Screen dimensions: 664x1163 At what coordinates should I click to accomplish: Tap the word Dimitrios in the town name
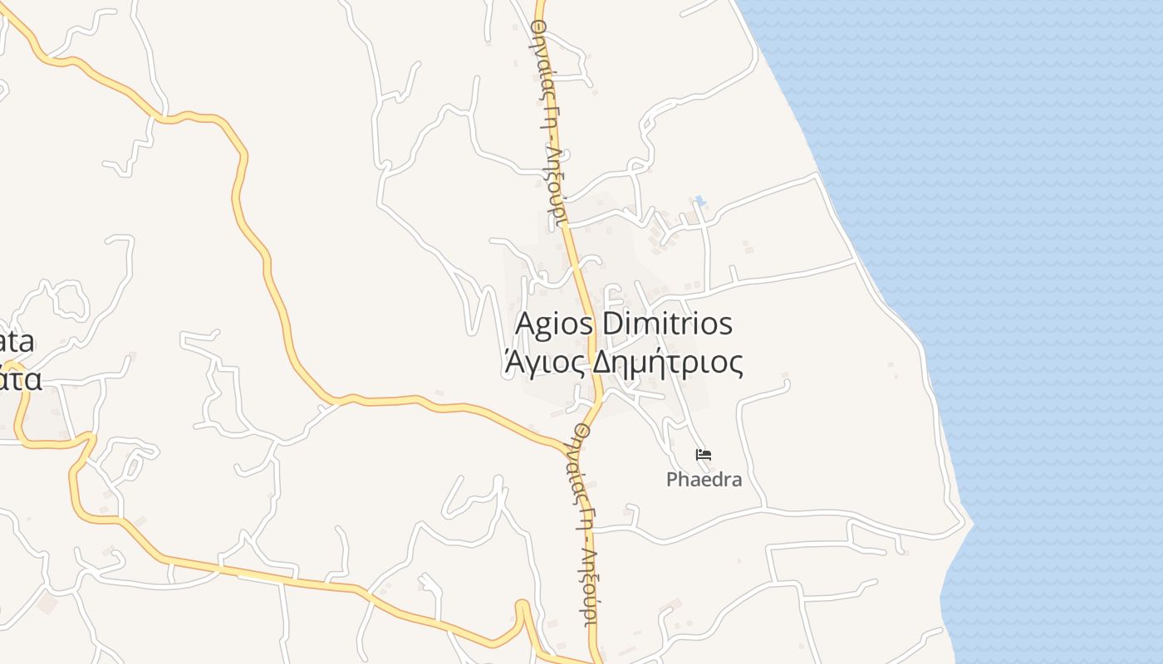tap(667, 324)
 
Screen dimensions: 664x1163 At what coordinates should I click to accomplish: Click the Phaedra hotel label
tap(704, 480)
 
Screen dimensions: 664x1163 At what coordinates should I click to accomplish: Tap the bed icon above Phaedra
tap(704, 454)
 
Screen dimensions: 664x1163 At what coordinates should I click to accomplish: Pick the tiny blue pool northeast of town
tap(700, 200)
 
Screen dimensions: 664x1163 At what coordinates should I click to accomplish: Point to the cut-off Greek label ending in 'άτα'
tap(20, 378)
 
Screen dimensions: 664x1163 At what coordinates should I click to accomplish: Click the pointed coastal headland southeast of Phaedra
tap(970, 523)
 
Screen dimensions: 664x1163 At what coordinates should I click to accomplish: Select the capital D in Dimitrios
tap(611, 324)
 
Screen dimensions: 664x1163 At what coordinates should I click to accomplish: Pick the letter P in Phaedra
tap(672, 480)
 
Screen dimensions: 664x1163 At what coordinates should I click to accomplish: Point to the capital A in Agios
tap(525, 324)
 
